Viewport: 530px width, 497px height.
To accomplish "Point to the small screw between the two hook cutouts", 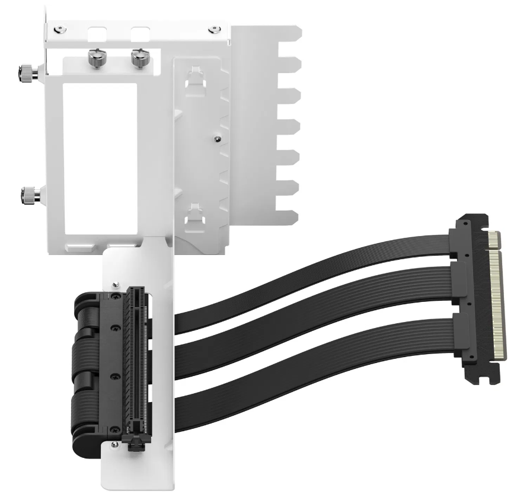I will (x=218, y=139).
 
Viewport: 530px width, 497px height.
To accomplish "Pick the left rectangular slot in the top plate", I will (x=98, y=32).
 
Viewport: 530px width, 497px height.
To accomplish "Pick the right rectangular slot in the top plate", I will (x=141, y=32).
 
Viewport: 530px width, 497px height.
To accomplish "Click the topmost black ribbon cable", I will (x=314, y=279).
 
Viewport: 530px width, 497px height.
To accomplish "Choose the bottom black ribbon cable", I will (x=314, y=386).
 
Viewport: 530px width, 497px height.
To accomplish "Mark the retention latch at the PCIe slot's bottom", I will (x=134, y=442).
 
